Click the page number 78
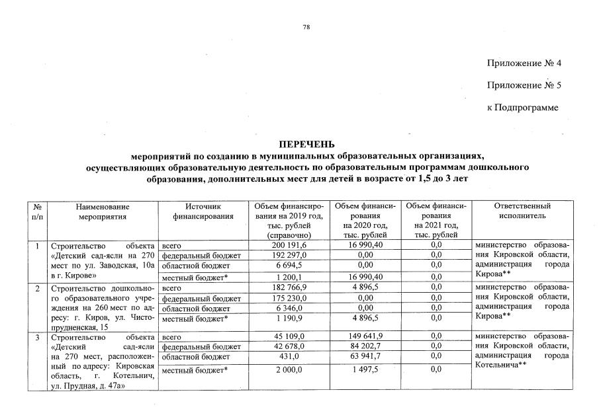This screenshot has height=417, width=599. click(x=306, y=27)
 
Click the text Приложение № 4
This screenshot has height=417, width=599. click(x=524, y=63)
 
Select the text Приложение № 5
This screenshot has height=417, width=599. click(x=524, y=85)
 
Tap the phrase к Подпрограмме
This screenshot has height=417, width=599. click(x=522, y=107)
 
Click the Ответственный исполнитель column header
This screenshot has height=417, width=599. click(x=522, y=211)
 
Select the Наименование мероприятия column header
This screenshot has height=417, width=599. click(x=102, y=211)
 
